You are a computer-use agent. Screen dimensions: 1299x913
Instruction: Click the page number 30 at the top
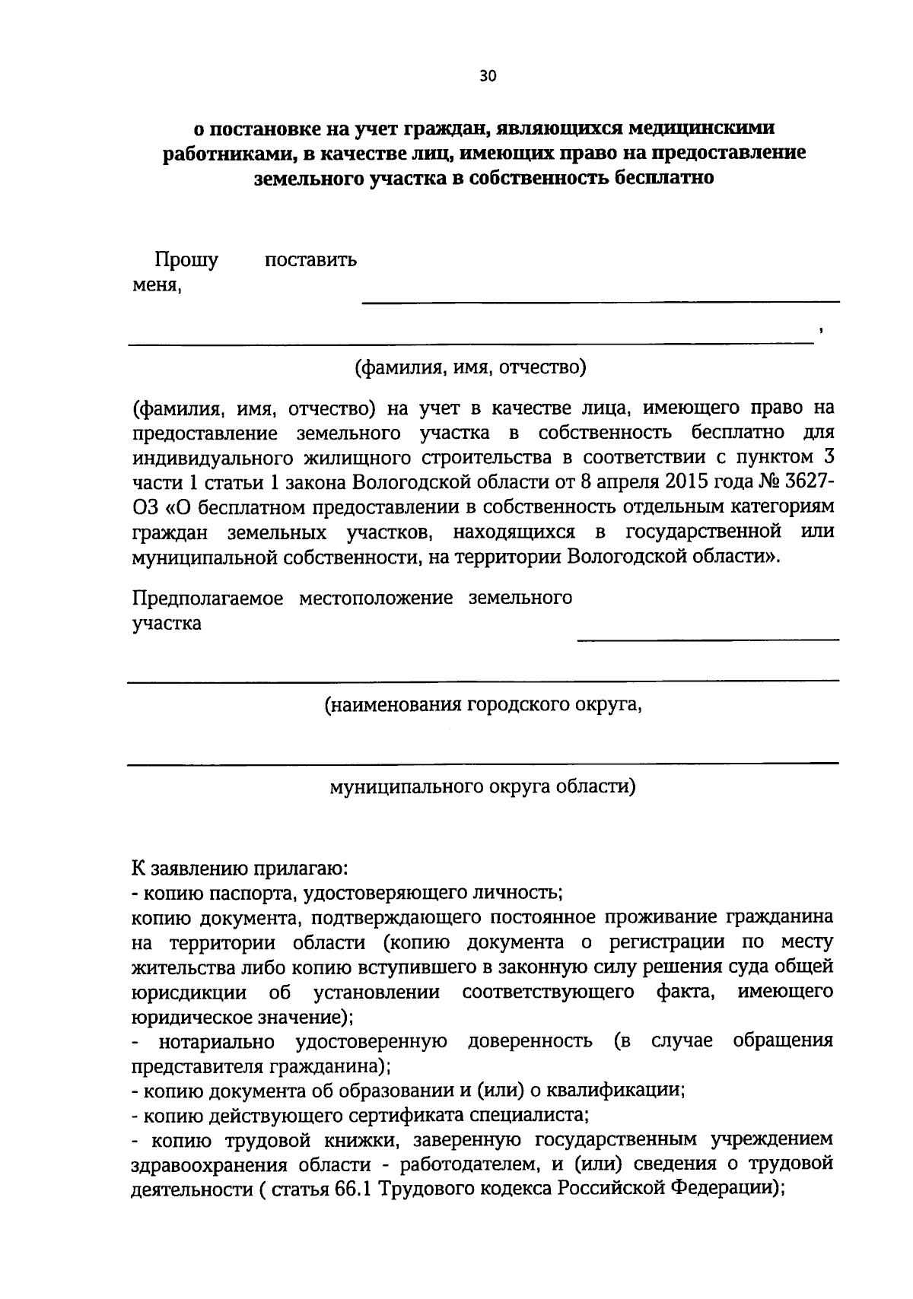coord(488,75)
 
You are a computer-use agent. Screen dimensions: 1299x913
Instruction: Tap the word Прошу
coord(186,260)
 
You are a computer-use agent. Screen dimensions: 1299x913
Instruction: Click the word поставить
coord(310,260)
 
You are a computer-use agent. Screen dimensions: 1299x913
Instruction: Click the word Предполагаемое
coord(208,598)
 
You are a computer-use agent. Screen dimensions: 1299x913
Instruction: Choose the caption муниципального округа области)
coord(482,786)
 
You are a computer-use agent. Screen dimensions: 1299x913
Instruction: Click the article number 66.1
coord(352,1189)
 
